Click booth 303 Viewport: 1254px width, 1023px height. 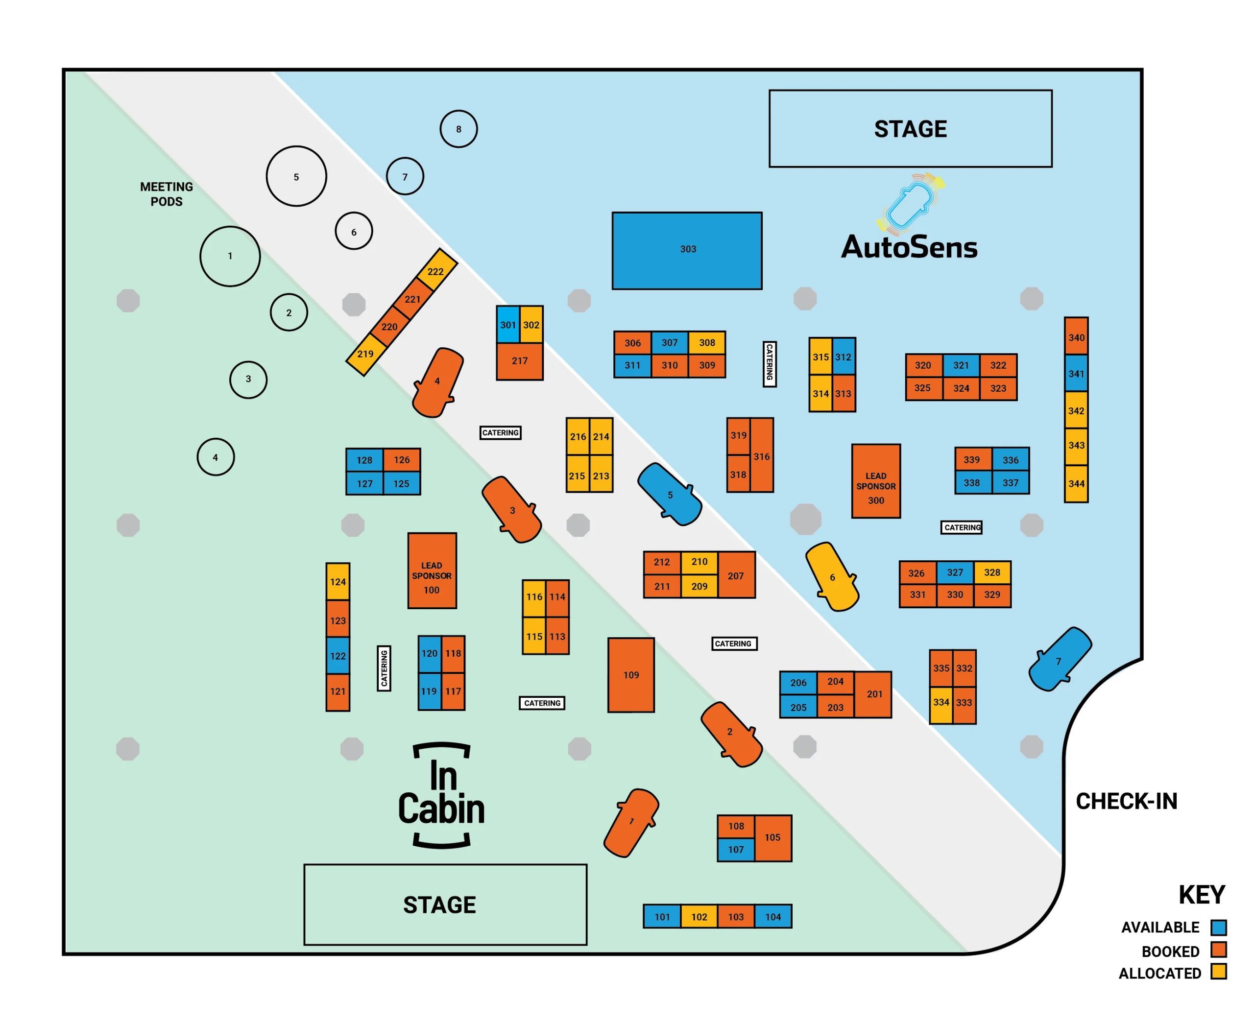pos(687,250)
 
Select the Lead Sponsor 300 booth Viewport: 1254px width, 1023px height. pos(876,481)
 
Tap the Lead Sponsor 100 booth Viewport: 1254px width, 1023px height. pos(432,571)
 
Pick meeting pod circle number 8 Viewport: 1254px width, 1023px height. pos(458,129)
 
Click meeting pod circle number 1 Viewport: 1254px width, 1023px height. pos(230,256)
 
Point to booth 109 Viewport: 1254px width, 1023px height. pos(631,675)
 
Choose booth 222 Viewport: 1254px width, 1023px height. pos(436,270)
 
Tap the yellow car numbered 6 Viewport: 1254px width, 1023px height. pos(832,577)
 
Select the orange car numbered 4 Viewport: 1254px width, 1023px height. pos(437,382)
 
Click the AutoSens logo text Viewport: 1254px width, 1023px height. pos(909,247)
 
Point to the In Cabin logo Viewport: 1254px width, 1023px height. pos(441,794)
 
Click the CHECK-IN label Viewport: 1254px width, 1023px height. pos(1126,801)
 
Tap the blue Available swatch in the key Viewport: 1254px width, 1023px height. pos(1219,928)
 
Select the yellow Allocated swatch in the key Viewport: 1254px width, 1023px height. pos(1219,972)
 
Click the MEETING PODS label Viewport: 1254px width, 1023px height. pos(166,194)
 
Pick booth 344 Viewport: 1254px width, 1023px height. pos(1076,484)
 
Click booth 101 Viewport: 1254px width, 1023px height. pos(662,916)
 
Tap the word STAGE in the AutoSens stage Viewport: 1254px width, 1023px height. pos(911,129)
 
